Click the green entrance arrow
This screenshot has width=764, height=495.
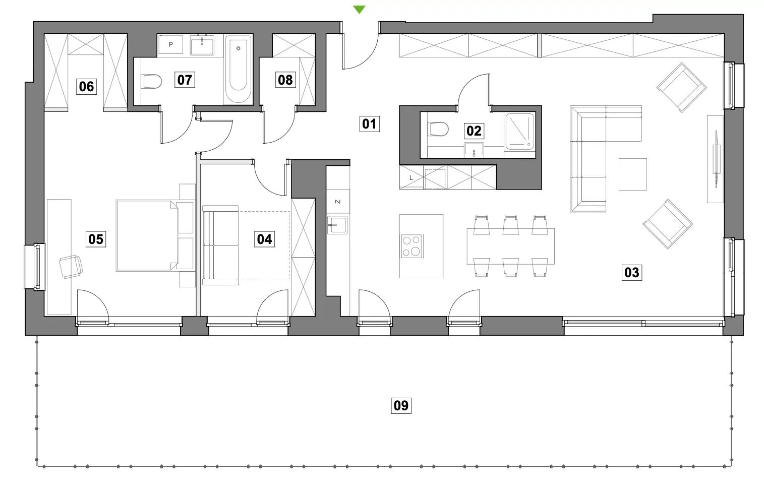359,9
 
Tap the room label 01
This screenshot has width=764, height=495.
369,124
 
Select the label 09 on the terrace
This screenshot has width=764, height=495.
401,405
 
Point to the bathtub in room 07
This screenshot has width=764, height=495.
238,69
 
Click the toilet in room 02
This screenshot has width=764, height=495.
438,129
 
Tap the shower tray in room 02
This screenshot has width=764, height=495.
520,132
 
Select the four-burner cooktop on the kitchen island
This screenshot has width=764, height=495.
412,246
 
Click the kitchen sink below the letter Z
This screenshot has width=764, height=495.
337,225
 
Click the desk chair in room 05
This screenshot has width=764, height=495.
71,267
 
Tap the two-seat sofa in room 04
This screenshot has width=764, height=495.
220,245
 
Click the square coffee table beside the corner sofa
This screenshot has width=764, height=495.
633,174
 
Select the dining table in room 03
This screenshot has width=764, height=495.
510,246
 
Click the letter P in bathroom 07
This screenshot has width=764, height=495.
171,44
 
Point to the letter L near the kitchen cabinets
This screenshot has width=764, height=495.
411,177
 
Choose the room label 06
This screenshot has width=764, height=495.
86,86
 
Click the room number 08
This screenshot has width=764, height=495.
285,80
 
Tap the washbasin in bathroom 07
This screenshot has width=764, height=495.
202,46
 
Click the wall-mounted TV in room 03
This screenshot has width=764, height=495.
716,159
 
